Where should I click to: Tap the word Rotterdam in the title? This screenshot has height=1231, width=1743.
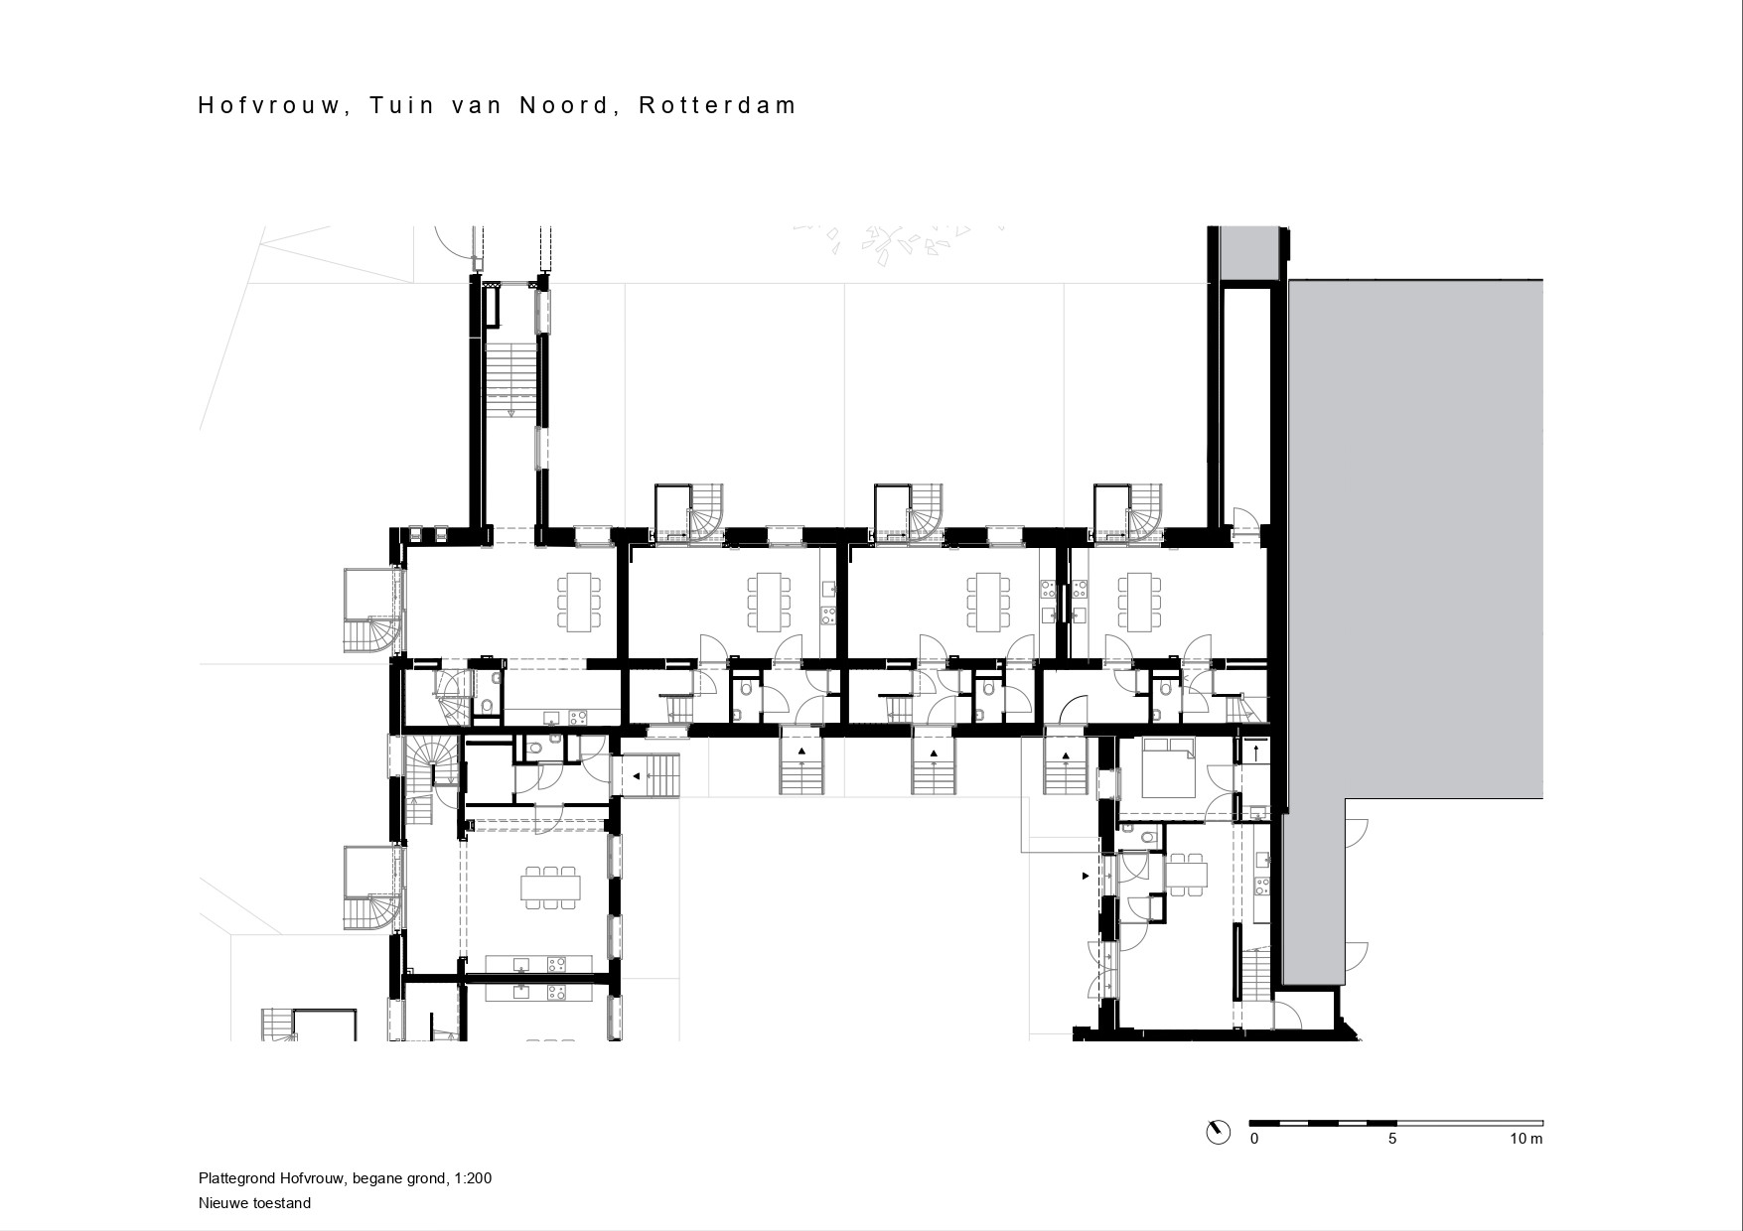718,105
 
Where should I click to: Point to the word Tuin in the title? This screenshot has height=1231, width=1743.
402,105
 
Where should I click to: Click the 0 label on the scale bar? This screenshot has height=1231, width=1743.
1254,1139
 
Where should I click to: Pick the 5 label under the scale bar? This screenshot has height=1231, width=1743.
1392,1139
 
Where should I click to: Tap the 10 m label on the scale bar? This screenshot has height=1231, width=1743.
1526,1139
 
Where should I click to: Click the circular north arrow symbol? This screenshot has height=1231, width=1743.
1217,1133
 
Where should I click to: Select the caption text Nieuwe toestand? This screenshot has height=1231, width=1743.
254,1203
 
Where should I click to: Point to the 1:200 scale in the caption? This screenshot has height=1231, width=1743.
473,1179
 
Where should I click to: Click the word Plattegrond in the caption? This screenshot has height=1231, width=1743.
234,1179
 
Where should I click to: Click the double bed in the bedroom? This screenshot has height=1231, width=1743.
1170,768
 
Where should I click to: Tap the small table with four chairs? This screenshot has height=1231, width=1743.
1187,875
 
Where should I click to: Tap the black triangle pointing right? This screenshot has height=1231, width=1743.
1085,876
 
